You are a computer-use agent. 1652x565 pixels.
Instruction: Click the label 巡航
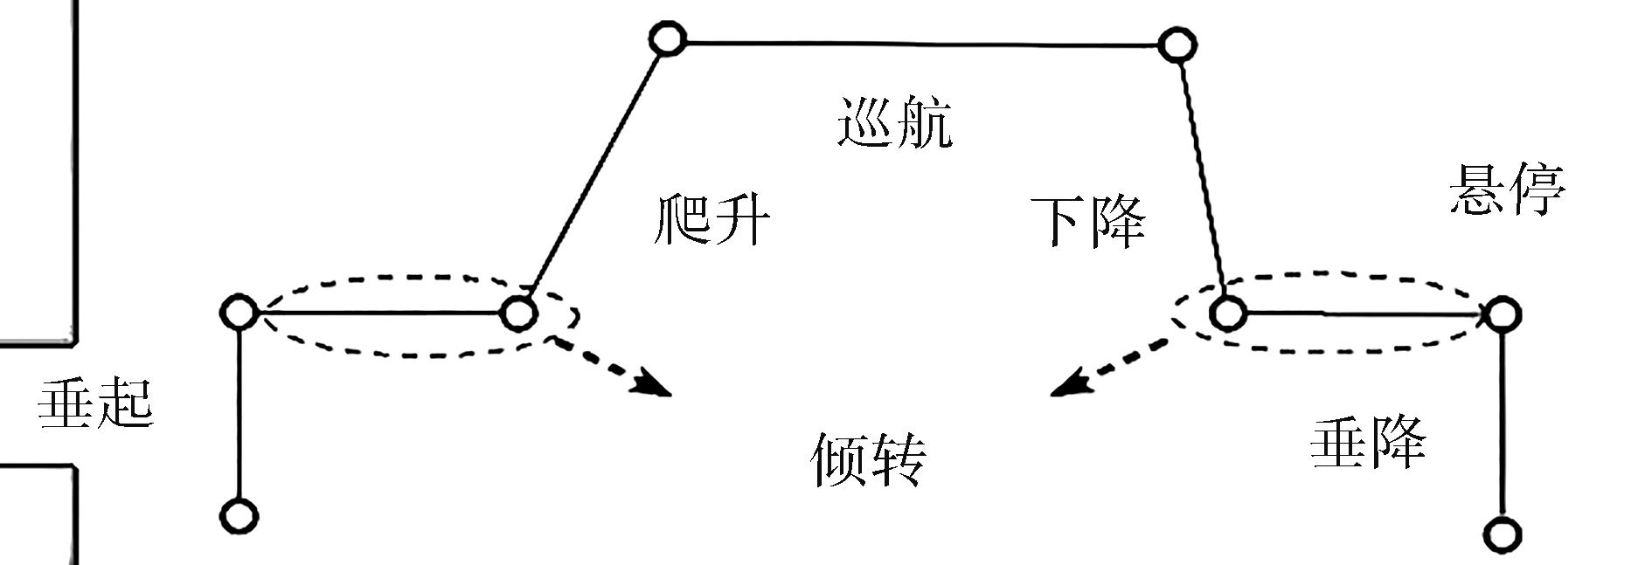point(894,122)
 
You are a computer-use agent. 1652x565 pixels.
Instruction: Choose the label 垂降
point(1368,441)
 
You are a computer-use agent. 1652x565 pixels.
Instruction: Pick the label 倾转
point(868,458)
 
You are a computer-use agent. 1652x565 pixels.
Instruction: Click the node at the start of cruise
point(668,39)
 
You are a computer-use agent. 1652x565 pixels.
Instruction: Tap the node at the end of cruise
point(1177,45)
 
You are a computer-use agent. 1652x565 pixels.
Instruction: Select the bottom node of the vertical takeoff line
point(239,516)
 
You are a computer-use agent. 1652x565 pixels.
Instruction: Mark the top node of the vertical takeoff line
point(239,311)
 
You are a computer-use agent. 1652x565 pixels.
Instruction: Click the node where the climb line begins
point(517,313)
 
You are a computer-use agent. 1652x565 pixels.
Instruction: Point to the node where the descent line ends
point(1226,313)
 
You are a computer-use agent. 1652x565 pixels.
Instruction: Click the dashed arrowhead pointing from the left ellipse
point(654,385)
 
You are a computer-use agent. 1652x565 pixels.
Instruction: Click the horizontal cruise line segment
point(922,42)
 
